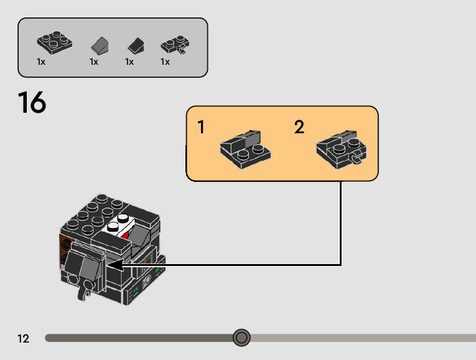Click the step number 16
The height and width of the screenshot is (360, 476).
(x=32, y=103)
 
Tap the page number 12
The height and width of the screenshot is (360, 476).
(x=24, y=339)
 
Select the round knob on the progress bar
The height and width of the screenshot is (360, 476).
(x=241, y=338)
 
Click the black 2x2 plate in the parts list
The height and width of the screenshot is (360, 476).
(x=54, y=42)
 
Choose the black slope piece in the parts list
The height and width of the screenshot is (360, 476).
(x=136, y=45)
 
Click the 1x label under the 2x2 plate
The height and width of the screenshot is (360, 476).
(x=41, y=62)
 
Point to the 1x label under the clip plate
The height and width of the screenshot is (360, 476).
(x=166, y=62)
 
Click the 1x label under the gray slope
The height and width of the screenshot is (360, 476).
(x=94, y=62)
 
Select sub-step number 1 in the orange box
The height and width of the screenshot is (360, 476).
(x=201, y=128)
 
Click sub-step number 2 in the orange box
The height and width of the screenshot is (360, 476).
(x=299, y=128)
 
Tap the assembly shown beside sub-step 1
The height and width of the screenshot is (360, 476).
(x=244, y=148)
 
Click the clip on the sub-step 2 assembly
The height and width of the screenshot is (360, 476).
(x=357, y=160)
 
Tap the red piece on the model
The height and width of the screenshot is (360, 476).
(x=127, y=235)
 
